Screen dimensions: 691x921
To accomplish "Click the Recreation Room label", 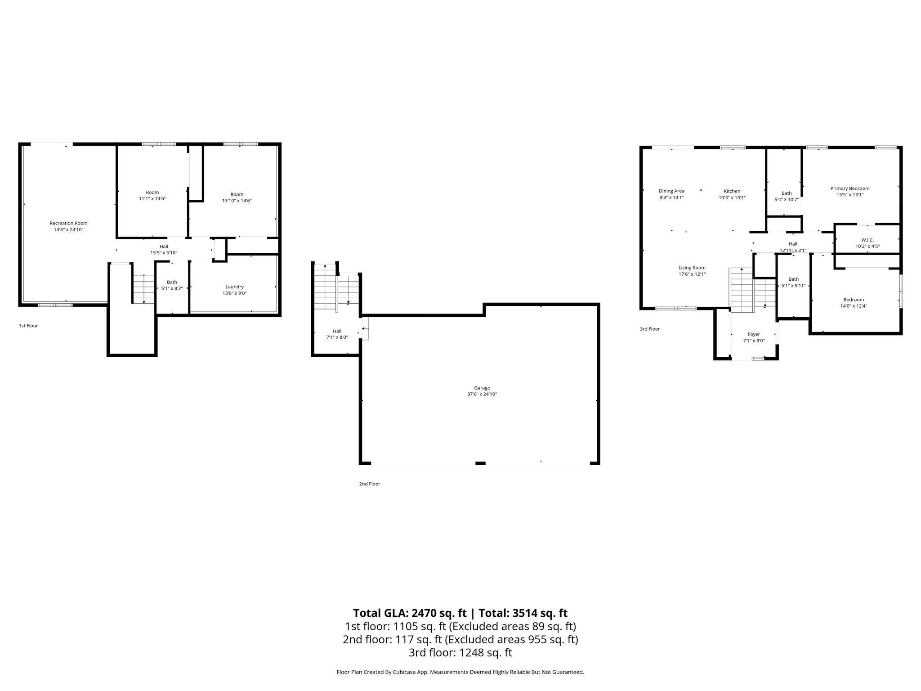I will point(68,223).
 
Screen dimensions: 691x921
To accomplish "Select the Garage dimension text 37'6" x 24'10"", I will point(482,394).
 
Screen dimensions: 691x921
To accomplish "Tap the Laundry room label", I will point(234,287).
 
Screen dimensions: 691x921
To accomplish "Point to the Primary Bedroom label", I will point(849,188).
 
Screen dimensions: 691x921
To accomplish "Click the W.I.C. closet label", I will point(867,240).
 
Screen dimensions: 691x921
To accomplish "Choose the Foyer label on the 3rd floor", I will point(754,334).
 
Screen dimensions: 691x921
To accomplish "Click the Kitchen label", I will point(732,191).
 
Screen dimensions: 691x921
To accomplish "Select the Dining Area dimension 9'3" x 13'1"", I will point(671,197).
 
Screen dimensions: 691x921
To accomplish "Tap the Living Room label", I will point(692,268).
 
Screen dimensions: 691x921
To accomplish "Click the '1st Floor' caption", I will point(28,326).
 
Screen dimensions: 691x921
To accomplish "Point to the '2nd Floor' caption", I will point(369,484).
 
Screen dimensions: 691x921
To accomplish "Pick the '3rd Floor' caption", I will point(649,329).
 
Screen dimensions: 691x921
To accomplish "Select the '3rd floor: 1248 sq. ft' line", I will point(460,652).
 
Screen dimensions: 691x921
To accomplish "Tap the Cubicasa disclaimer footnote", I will point(460,672).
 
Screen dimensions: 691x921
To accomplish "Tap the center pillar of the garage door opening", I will point(480,463).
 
